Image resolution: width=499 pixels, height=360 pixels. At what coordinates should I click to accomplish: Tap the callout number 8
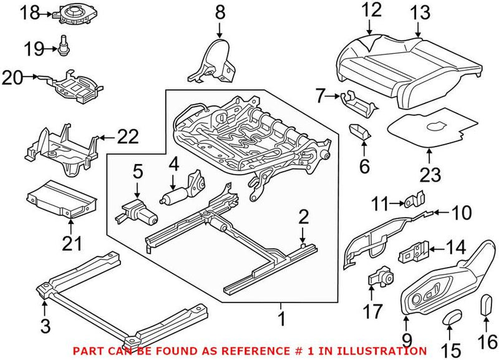pos(219,12)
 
